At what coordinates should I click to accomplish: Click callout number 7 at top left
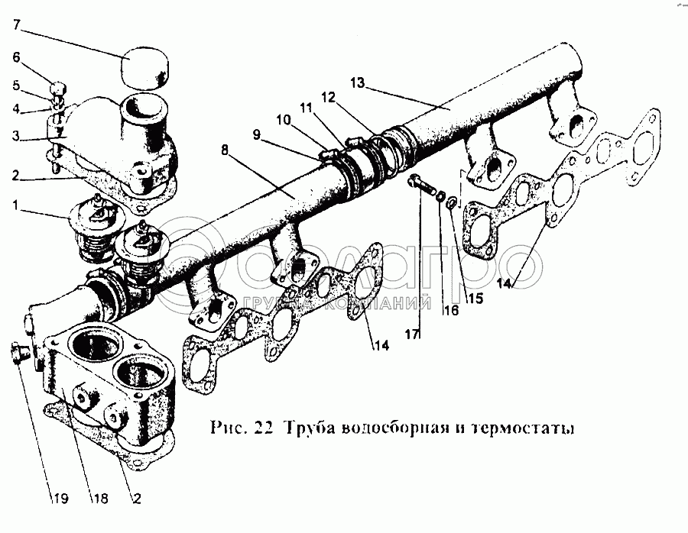17,24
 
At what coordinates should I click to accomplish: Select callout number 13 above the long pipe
358,82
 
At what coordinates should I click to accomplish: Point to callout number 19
61,499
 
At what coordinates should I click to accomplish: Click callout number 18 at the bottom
100,499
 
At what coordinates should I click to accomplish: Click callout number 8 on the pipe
225,150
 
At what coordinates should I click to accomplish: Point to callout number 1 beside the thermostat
16,205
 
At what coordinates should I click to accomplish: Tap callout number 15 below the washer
475,298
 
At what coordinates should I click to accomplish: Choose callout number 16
450,310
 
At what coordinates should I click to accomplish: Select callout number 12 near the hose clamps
328,97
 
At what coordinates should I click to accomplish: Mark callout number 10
284,119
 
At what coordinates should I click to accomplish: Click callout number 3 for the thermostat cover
16,136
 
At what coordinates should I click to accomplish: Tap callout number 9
256,134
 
